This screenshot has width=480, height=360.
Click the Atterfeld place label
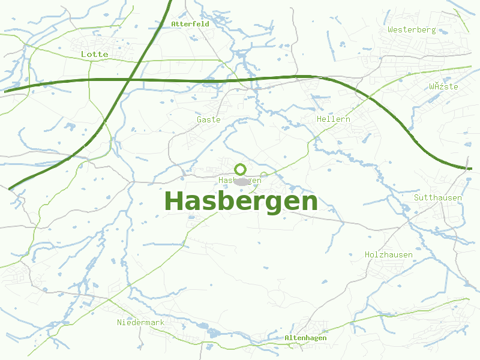(190, 24)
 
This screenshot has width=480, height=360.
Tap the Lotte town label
(95, 54)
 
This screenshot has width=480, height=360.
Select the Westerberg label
(412, 29)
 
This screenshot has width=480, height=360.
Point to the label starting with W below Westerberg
(443, 86)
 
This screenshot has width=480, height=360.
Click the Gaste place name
(209, 119)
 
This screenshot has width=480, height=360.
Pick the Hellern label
(334, 119)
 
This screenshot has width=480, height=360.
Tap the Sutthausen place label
(438, 197)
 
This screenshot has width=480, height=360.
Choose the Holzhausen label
(389, 254)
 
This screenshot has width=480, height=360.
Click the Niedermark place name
(140, 322)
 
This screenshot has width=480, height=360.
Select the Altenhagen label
(305, 338)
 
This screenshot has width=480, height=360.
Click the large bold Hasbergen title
(241, 201)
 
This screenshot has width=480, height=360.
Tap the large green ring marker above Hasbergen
(240, 169)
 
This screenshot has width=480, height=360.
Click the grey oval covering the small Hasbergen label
(241, 181)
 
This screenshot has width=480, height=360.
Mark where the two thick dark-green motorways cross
(130, 79)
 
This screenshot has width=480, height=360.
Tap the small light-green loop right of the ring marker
(263, 175)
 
